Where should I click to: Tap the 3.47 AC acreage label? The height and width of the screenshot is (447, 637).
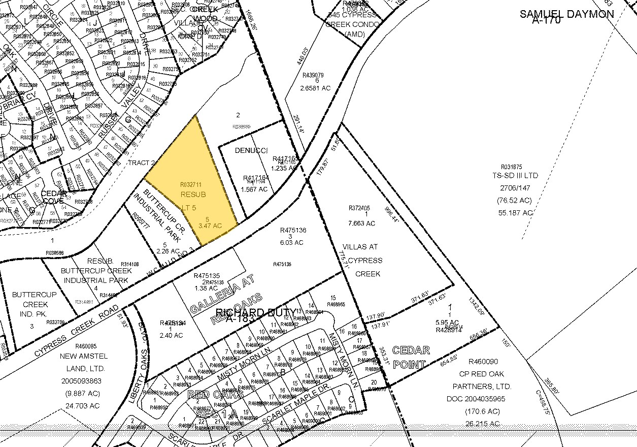[x=211, y=226]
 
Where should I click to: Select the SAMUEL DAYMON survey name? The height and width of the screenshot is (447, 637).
[x=566, y=14]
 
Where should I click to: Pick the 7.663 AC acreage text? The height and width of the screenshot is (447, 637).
[x=361, y=223]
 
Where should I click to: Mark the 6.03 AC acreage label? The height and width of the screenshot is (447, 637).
[x=292, y=242]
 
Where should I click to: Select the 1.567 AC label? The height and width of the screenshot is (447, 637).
[x=255, y=189]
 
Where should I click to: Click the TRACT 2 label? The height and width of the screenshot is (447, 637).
[x=141, y=163]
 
